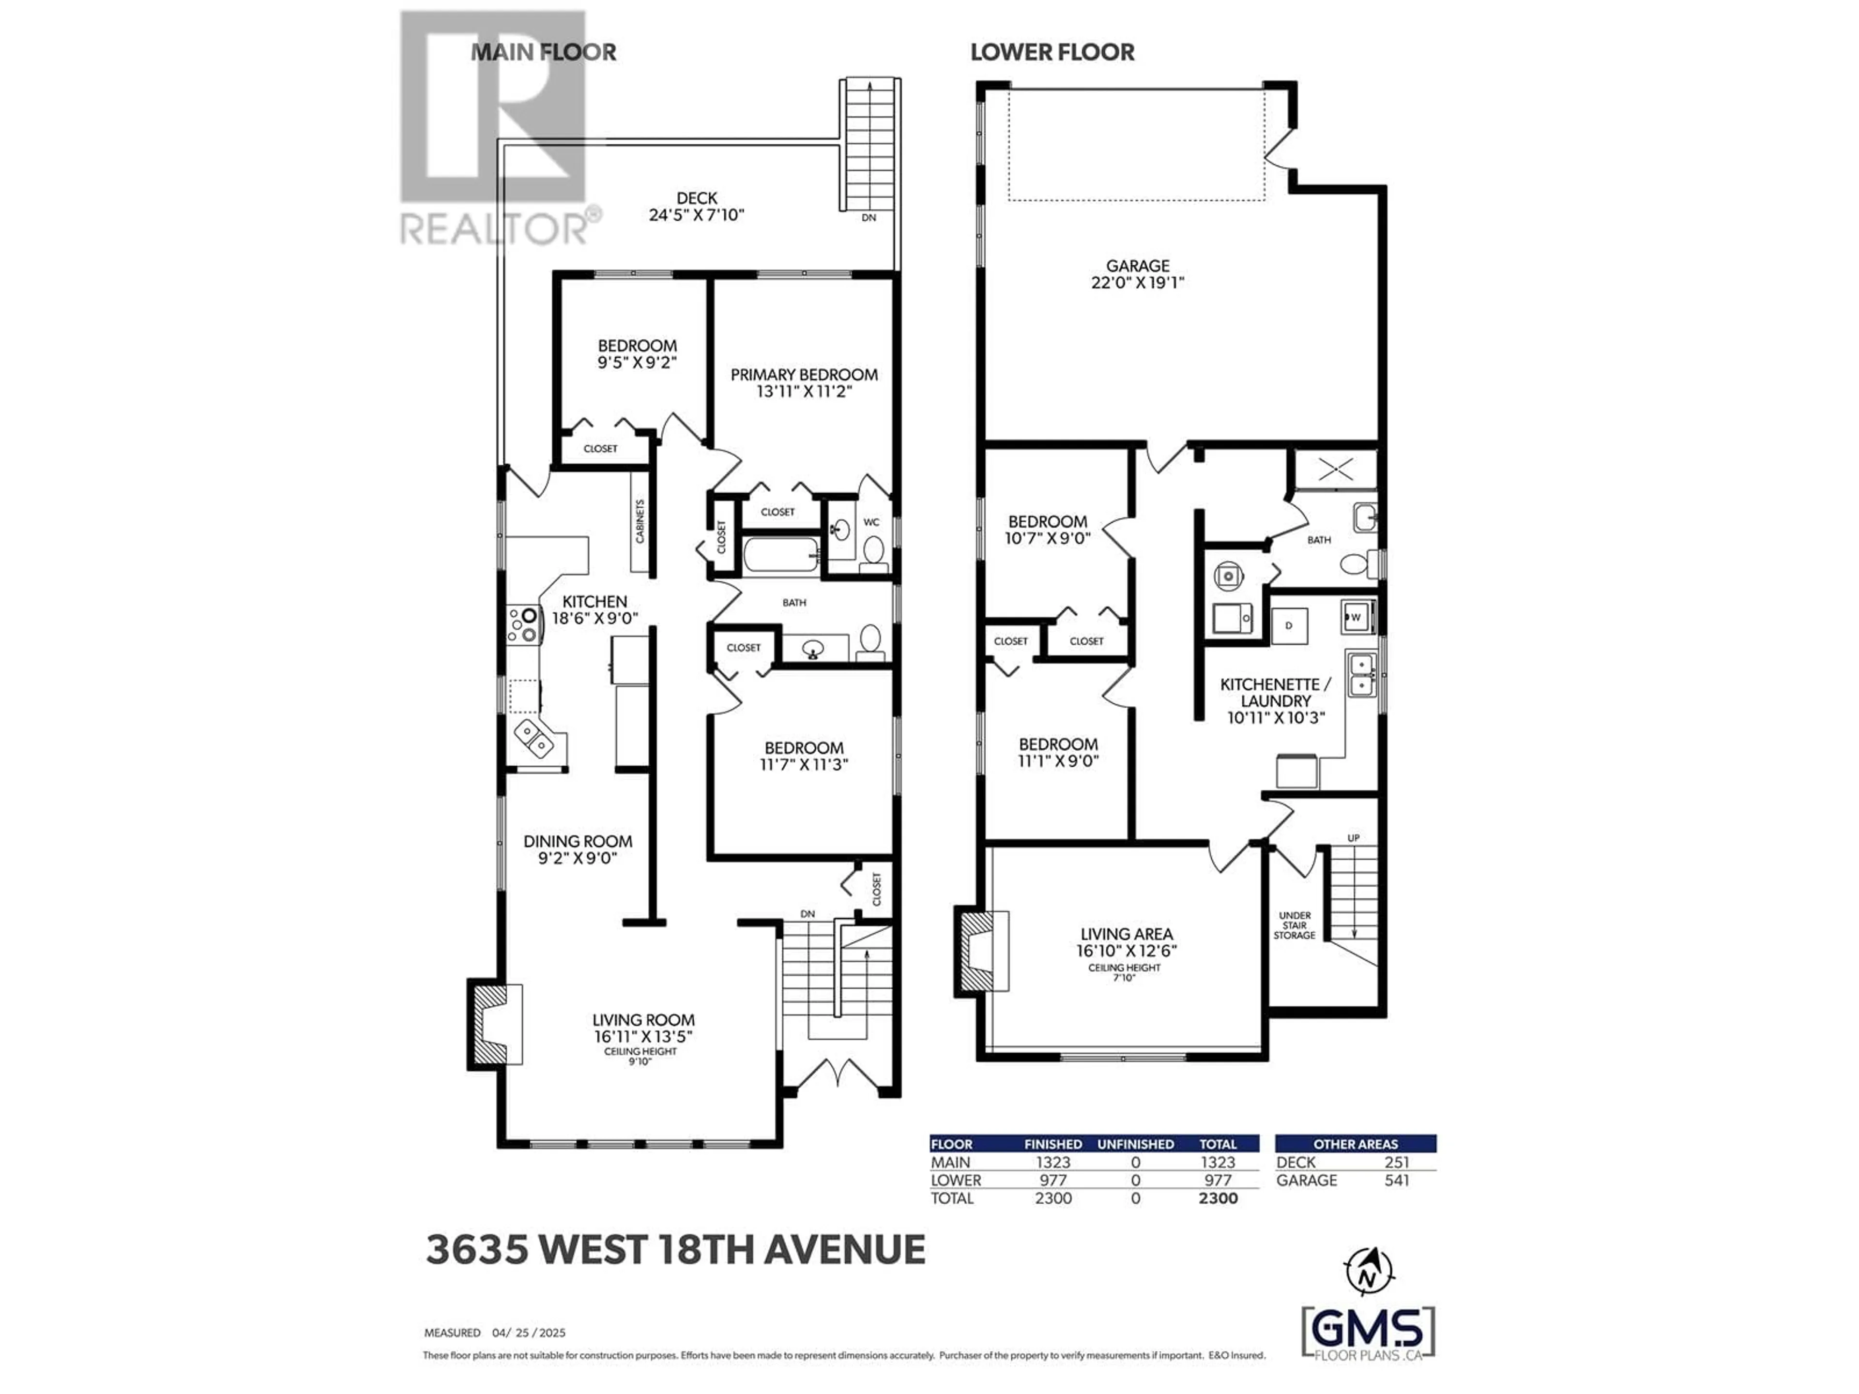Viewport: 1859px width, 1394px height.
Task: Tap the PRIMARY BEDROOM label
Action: click(x=804, y=375)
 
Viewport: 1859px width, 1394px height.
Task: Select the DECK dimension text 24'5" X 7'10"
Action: click(x=697, y=215)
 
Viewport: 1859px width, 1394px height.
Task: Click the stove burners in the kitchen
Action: click(x=522, y=626)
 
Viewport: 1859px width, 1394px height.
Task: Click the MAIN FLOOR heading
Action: click(x=543, y=52)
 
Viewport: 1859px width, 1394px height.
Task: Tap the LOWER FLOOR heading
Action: click(x=1052, y=52)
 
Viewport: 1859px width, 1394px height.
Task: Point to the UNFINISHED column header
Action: click(x=1135, y=1144)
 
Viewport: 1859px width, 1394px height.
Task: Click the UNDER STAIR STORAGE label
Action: click(x=1294, y=925)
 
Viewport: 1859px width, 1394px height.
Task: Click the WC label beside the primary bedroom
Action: click(x=871, y=522)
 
